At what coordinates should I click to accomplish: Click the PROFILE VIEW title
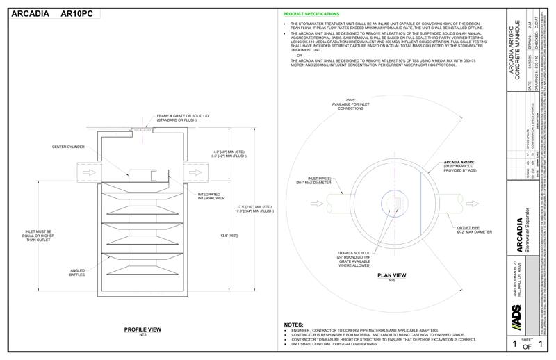pos(142,329)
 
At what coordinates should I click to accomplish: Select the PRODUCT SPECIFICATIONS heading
pos(311,14)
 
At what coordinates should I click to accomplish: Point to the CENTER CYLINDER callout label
pos(68,147)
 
